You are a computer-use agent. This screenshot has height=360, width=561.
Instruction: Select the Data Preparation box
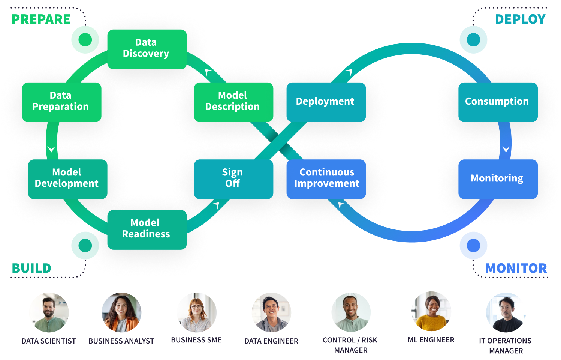coord(61,102)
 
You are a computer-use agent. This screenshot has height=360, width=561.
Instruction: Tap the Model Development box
coord(67,179)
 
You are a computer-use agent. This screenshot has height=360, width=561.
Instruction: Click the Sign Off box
coord(233,179)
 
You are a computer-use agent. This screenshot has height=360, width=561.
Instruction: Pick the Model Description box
coord(233,102)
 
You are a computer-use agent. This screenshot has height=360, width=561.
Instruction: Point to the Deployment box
coord(326,102)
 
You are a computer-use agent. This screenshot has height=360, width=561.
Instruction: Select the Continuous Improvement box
coord(326,179)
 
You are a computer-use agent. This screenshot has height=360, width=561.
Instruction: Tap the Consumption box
coord(498,102)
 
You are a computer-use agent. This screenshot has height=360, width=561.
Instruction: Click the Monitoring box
coord(498,179)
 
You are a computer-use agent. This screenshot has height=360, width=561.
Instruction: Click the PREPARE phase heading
coord(41,19)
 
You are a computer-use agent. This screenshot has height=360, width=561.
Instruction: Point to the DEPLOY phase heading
coord(520,19)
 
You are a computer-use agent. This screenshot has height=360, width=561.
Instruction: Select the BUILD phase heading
coord(31,268)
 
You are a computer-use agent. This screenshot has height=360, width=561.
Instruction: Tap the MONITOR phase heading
coord(516,268)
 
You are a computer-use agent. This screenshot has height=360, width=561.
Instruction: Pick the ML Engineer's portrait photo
coord(432,313)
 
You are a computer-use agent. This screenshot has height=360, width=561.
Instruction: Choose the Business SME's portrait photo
coord(196,313)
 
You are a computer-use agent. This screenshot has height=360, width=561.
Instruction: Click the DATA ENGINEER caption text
coord(271,341)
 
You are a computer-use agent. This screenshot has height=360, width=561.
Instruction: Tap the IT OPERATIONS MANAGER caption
coord(506,346)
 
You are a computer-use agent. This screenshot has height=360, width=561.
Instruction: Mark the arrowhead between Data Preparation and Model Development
coord(51,149)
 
